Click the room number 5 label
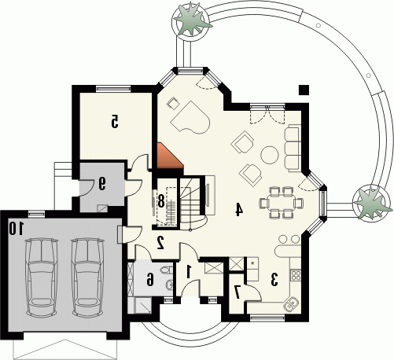tap(115, 122)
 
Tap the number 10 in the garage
tap(17, 228)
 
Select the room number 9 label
tap(102, 183)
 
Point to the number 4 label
tap(238, 210)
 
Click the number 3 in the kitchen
tap(274, 279)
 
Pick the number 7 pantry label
tap(238, 292)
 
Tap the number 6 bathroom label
tap(149, 279)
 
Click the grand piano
tap(190, 118)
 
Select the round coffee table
tap(269, 155)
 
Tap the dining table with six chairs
tap(282, 203)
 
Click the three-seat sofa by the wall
tap(292, 149)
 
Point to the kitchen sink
tap(290, 303)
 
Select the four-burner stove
tap(296, 275)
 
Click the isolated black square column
tap(304, 90)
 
